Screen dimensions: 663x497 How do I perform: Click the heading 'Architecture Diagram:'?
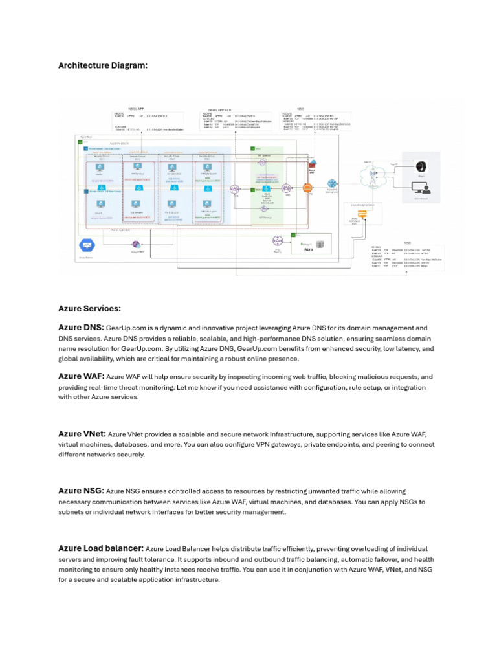(103, 65)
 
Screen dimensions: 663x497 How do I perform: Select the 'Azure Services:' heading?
(89, 309)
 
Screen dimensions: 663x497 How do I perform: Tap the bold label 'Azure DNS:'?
(81, 328)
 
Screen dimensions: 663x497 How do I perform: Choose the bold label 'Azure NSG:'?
(81, 491)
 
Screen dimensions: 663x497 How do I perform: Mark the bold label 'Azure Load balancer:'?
(101, 548)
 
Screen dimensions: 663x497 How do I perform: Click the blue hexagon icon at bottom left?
(85, 246)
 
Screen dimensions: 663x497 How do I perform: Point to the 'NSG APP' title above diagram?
(137, 109)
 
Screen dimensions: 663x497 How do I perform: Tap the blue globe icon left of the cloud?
(332, 184)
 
